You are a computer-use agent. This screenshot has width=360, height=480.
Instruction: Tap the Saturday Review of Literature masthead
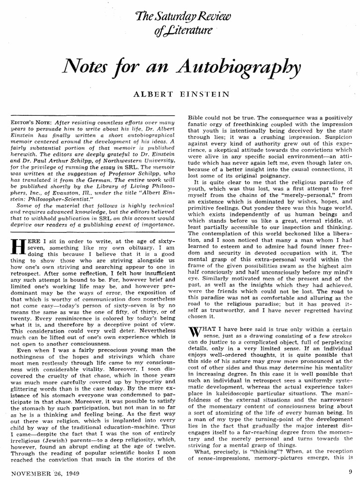coord(180,23)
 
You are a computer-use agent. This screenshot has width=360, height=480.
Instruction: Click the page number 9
coord(351,472)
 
